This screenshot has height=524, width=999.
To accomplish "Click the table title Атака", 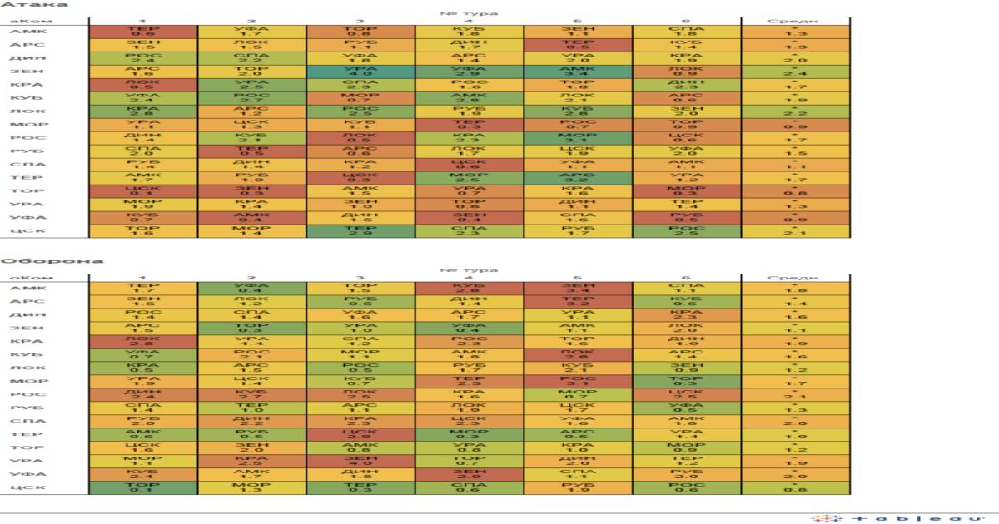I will coord(22,5).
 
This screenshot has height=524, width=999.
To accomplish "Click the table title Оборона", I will coord(29,261).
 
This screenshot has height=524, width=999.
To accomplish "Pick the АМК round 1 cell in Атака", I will coord(142,32).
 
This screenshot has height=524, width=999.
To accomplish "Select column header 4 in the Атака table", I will coord(469,20).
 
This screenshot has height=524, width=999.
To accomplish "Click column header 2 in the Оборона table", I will coord(251,277).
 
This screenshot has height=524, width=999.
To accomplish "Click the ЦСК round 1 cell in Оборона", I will coord(142,487).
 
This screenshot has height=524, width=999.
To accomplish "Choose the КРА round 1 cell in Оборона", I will coord(142,341).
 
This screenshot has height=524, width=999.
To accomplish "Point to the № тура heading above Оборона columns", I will coord(469,269).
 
